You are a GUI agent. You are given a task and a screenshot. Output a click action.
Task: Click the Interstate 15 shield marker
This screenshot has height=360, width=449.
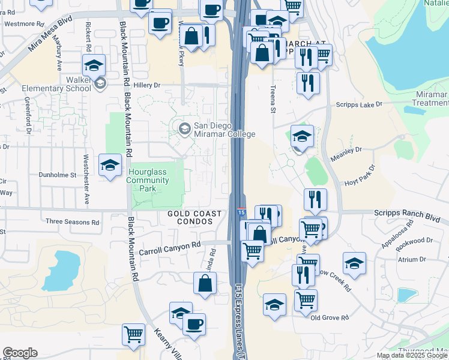pyautogui.click(x=241, y=212)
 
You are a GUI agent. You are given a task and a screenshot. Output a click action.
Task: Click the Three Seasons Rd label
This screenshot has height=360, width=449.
pyautogui.click(x=73, y=222)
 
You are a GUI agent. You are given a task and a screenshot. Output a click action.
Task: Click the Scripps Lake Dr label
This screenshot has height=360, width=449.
pyautogui.click(x=359, y=104)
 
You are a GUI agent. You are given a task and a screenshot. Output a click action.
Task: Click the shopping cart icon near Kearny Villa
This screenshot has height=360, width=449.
pyautogui.click(x=133, y=334)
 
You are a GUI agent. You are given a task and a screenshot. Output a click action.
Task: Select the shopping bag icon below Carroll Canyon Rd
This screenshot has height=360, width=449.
pyautogui.click(x=205, y=283)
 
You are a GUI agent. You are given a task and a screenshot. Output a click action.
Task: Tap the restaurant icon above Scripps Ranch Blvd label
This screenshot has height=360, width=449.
pyautogui.click(x=315, y=199)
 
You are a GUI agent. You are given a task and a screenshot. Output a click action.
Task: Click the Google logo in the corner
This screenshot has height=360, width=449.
pyautogui.click(x=20, y=353)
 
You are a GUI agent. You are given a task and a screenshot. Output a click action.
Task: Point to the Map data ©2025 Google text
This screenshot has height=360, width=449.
pyautogui.click(x=412, y=355)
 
